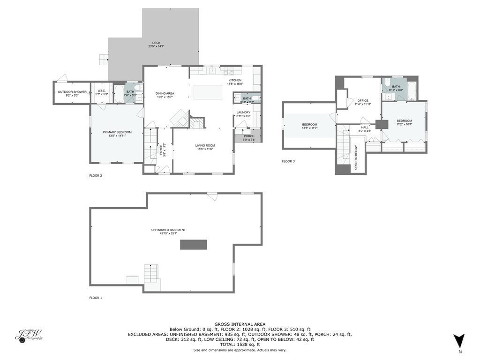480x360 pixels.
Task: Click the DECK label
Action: click(156, 43)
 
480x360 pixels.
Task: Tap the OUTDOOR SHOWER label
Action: click(72, 92)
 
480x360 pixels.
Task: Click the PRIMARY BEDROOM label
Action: click(117, 132)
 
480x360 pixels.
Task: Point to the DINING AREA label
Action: click(165, 94)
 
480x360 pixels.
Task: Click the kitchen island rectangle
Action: click(208, 92)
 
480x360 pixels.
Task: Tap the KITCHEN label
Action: click(235, 80)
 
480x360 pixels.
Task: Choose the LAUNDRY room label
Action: click(243, 112)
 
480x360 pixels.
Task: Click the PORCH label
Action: click(249, 136)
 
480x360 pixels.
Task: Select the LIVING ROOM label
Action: click(205, 146)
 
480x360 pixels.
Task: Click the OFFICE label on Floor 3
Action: click(363, 101)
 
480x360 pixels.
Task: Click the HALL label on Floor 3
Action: click(365, 127)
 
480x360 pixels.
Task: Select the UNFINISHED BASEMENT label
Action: click(168, 230)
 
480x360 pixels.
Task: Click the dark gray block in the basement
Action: click(194, 244)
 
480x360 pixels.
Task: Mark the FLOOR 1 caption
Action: click(96, 298)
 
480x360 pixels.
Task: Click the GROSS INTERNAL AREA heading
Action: click(240, 324)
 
